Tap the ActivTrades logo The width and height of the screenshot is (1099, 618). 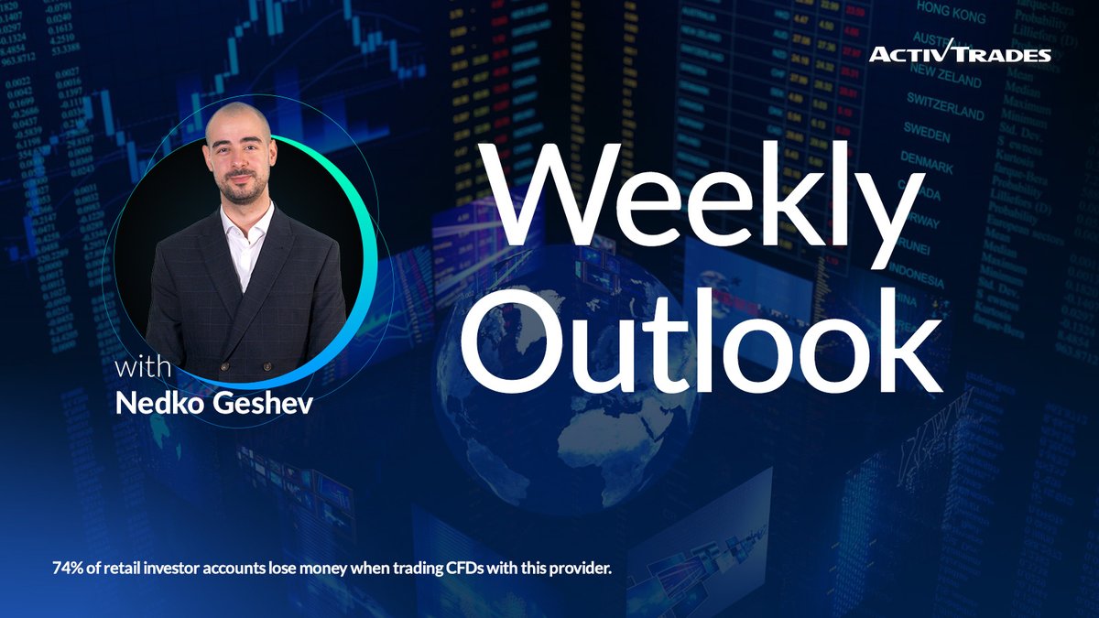(960, 53)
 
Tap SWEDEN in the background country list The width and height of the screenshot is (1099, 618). (926, 134)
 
